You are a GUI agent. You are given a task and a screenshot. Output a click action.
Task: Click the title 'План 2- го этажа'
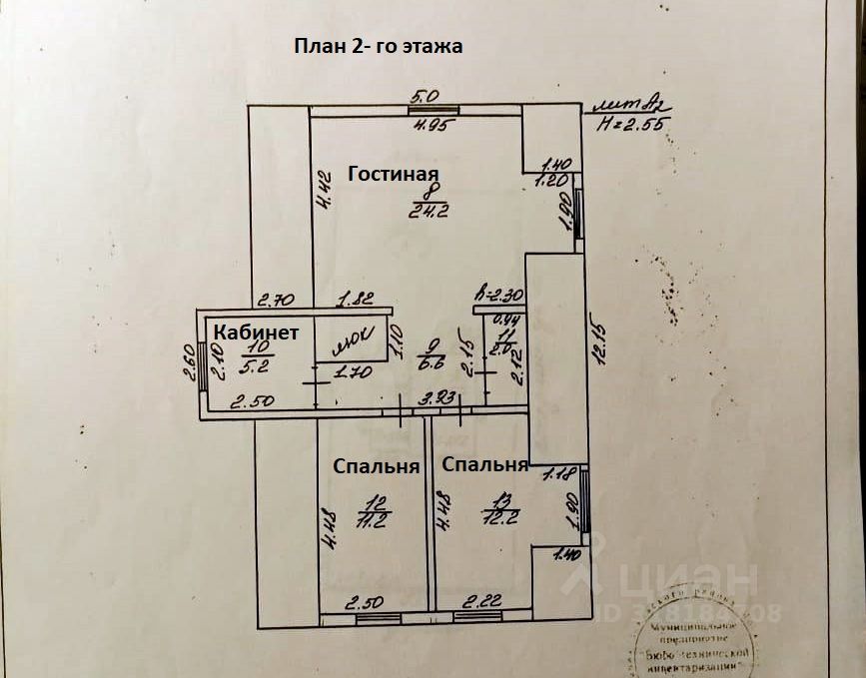(x=379, y=46)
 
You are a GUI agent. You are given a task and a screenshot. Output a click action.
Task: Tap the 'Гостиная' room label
(x=394, y=173)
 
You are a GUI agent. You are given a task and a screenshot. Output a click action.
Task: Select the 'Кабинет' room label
(x=256, y=334)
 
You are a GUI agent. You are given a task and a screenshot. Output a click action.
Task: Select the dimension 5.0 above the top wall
(x=426, y=97)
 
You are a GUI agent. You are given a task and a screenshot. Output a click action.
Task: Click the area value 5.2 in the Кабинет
(x=232, y=365)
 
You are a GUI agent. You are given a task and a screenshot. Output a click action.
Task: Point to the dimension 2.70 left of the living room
(x=273, y=298)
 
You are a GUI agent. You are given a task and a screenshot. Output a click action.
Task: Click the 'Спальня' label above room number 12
(x=376, y=466)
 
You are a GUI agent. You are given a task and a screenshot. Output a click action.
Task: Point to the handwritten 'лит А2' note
(x=629, y=102)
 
